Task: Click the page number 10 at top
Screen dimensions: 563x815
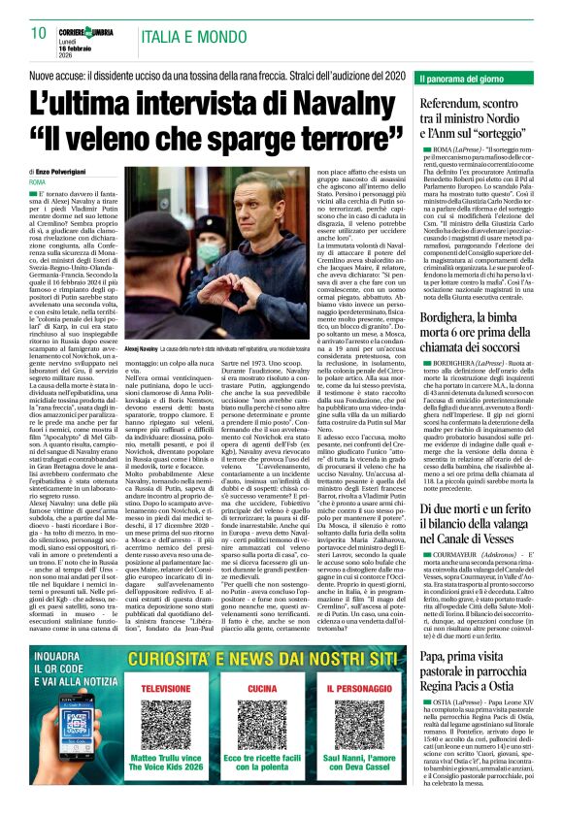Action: point(38,33)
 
